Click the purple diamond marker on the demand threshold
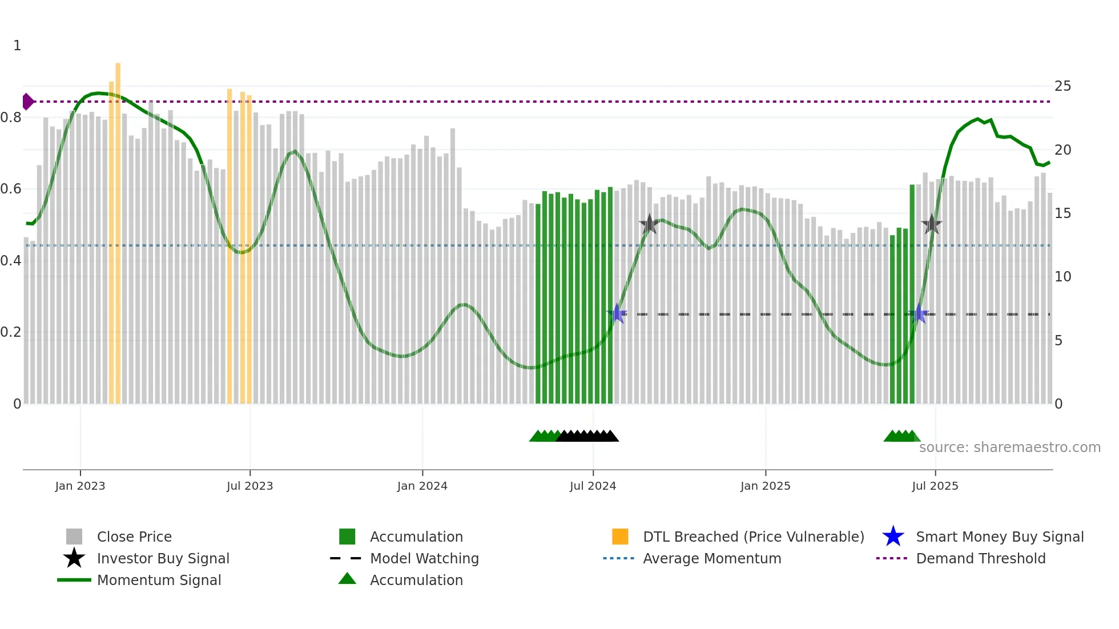pyautogui.click(x=27, y=102)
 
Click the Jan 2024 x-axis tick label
pyautogui.click(x=422, y=486)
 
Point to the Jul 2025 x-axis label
pyautogui.click(x=935, y=486)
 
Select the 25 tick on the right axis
pyautogui.click(x=1062, y=86)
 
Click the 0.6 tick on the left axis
pyautogui.click(x=11, y=189)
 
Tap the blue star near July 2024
pyautogui.click(x=617, y=313)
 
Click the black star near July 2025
pyautogui.click(x=932, y=224)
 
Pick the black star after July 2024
pyautogui.click(x=649, y=224)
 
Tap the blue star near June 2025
pyautogui.click(x=918, y=313)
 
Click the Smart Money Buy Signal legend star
pyautogui.click(x=893, y=537)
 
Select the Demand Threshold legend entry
pyautogui.click(x=980, y=558)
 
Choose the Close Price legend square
pyautogui.click(x=74, y=537)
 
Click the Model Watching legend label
pyautogui.click(x=424, y=558)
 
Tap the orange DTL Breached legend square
pyautogui.click(x=620, y=537)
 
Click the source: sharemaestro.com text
pyautogui.click(x=1009, y=447)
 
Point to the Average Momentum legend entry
pyautogui.click(x=711, y=558)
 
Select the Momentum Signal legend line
pyautogui.click(x=74, y=580)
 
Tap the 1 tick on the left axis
pyautogui.click(x=17, y=46)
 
